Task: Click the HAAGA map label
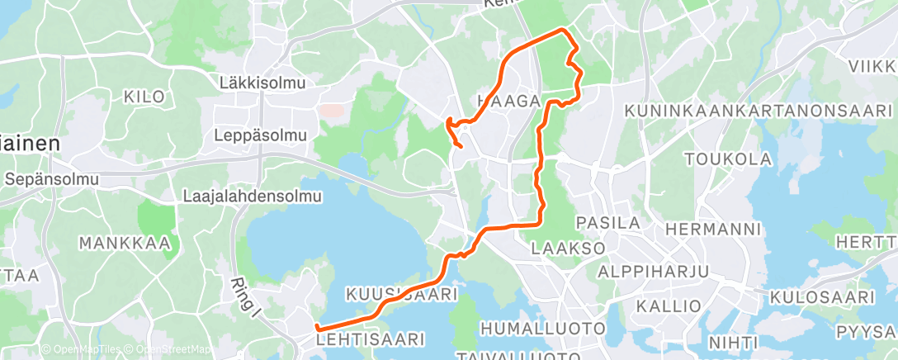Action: (x=508, y=101)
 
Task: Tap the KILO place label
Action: (x=144, y=97)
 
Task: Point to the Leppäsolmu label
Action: (x=260, y=135)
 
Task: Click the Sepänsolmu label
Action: (x=51, y=178)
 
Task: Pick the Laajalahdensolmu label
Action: (x=252, y=197)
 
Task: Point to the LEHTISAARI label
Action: (x=371, y=339)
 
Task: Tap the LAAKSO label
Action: (x=569, y=247)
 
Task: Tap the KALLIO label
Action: (x=669, y=306)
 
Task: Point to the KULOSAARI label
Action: (x=821, y=297)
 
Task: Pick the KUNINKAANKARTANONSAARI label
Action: (x=759, y=110)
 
